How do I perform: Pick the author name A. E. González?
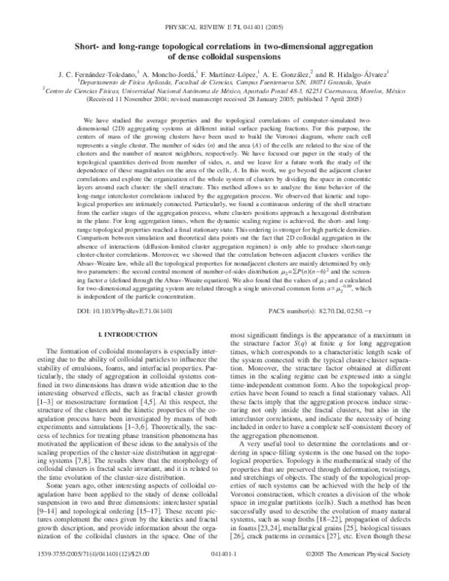pyautogui.click(x=299, y=76)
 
